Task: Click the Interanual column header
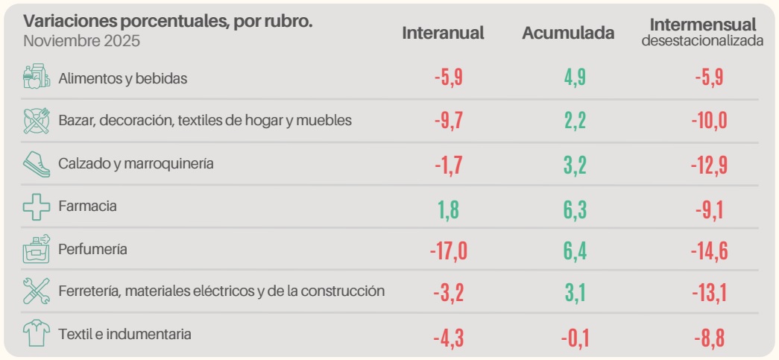(x=443, y=33)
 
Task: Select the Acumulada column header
(x=568, y=33)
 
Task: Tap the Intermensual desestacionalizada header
(x=702, y=32)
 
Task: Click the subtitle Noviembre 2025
(x=82, y=41)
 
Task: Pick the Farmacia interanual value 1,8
(x=449, y=208)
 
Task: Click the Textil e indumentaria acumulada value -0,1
(x=575, y=338)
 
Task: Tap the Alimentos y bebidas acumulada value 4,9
(x=575, y=78)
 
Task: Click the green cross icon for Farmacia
(x=36, y=206)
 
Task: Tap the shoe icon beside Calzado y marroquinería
(x=36, y=164)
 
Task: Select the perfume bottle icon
(x=36, y=249)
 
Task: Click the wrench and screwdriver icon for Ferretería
(x=36, y=291)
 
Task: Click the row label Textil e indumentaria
(x=124, y=335)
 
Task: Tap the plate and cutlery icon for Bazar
(x=36, y=120)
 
